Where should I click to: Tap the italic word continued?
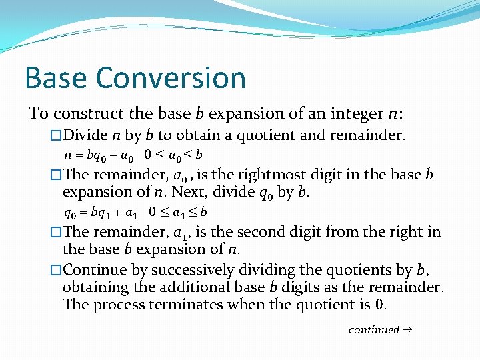[373, 329]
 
